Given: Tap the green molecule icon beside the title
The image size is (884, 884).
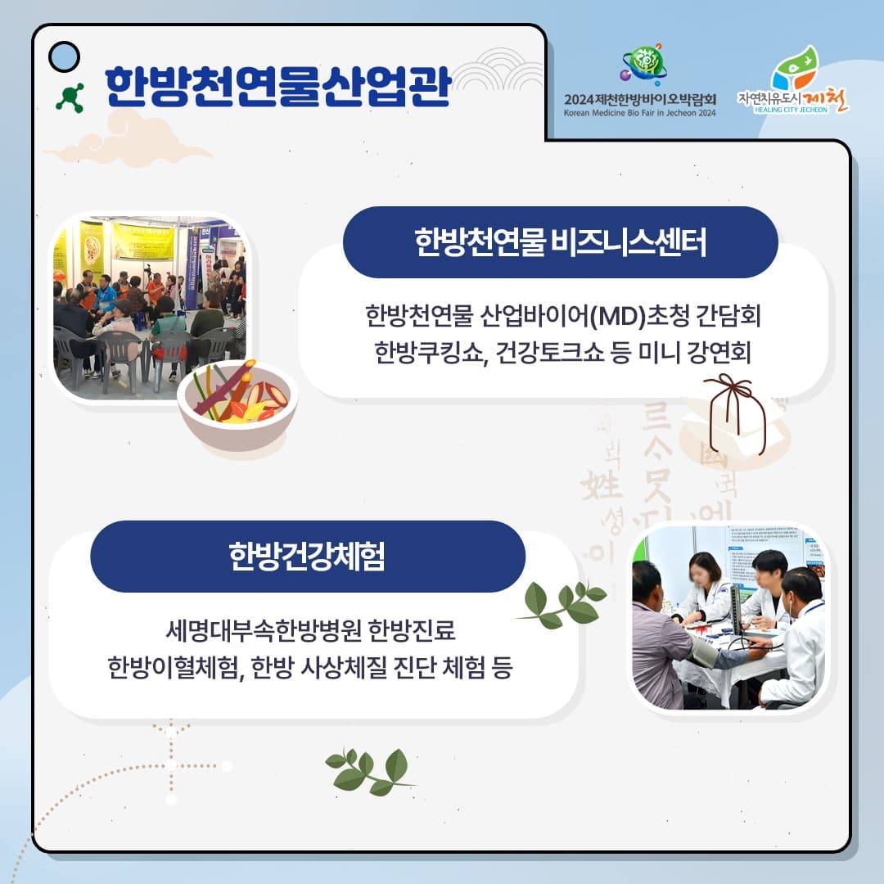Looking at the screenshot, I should [x=70, y=97].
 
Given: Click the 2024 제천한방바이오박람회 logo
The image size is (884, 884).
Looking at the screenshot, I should [x=640, y=82].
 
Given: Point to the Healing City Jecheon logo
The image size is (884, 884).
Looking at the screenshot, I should [x=792, y=82].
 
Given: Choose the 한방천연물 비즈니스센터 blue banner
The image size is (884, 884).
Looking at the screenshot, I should [x=560, y=242].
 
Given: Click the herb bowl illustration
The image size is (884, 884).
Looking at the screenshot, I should [x=237, y=407].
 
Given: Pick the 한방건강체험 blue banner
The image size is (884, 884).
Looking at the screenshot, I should [x=307, y=557].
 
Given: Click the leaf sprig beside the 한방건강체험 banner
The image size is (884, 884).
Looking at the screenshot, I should [x=563, y=604].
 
